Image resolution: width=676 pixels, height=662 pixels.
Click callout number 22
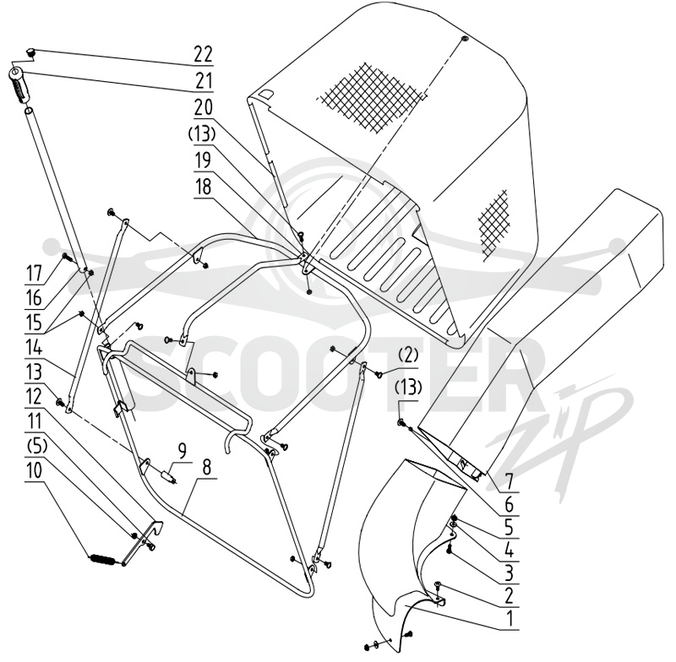click(x=203, y=55)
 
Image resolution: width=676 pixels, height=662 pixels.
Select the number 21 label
click(x=203, y=80)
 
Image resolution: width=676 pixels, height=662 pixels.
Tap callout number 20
click(x=203, y=107)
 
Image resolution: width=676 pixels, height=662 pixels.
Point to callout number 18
click(x=203, y=187)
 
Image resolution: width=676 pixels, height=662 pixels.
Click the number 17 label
click(x=34, y=273)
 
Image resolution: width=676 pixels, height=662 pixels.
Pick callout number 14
click(x=34, y=347)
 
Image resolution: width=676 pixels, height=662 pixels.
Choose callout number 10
click(x=34, y=470)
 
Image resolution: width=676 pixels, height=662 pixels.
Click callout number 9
click(x=183, y=452)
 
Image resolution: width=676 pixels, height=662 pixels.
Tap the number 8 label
click(x=207, y=466)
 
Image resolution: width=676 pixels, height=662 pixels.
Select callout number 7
click(x=510, y=482)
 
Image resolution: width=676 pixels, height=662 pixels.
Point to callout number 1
click(x=510, y=620)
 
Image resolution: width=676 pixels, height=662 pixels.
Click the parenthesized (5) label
click(x=34, y=446)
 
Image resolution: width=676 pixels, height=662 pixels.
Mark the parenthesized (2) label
click(x=408, y=355)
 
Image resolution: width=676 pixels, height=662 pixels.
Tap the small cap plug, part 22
click(x=31, y=52)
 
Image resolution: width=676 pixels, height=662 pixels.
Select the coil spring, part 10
click(x=101, y=560)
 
